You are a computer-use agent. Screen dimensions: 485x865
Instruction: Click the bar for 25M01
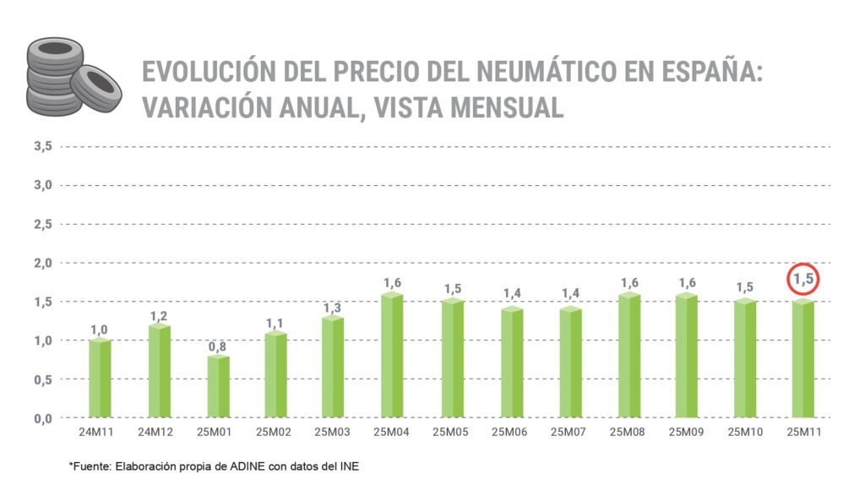(x=217, y=386)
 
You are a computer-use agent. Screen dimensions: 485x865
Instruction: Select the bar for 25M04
(x=392, y=355)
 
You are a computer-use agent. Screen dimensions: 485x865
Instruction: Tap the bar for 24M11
(x=100, y=378)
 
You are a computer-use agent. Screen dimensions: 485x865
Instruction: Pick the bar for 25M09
(x=685, y=355)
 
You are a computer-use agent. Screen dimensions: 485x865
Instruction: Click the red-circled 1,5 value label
(x=803, y=280)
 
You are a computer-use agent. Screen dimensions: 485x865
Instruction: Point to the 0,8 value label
(x=217, y=346)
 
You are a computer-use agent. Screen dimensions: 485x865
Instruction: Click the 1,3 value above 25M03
(x=334, y=308)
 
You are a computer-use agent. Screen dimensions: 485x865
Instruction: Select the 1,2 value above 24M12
(x=159, y=315)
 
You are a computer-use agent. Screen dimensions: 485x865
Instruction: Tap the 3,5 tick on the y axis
(x=43, y=146)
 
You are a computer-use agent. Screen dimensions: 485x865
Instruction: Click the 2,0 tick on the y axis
(x=43, y=263)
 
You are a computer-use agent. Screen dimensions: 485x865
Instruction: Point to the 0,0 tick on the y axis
(x=43, y=418)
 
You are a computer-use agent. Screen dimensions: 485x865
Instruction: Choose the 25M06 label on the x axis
(x=510, y=433)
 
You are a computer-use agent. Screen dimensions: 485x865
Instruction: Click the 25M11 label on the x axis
(x=803, y=433)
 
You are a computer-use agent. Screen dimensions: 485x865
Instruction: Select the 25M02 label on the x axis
(x=275, y=433)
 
